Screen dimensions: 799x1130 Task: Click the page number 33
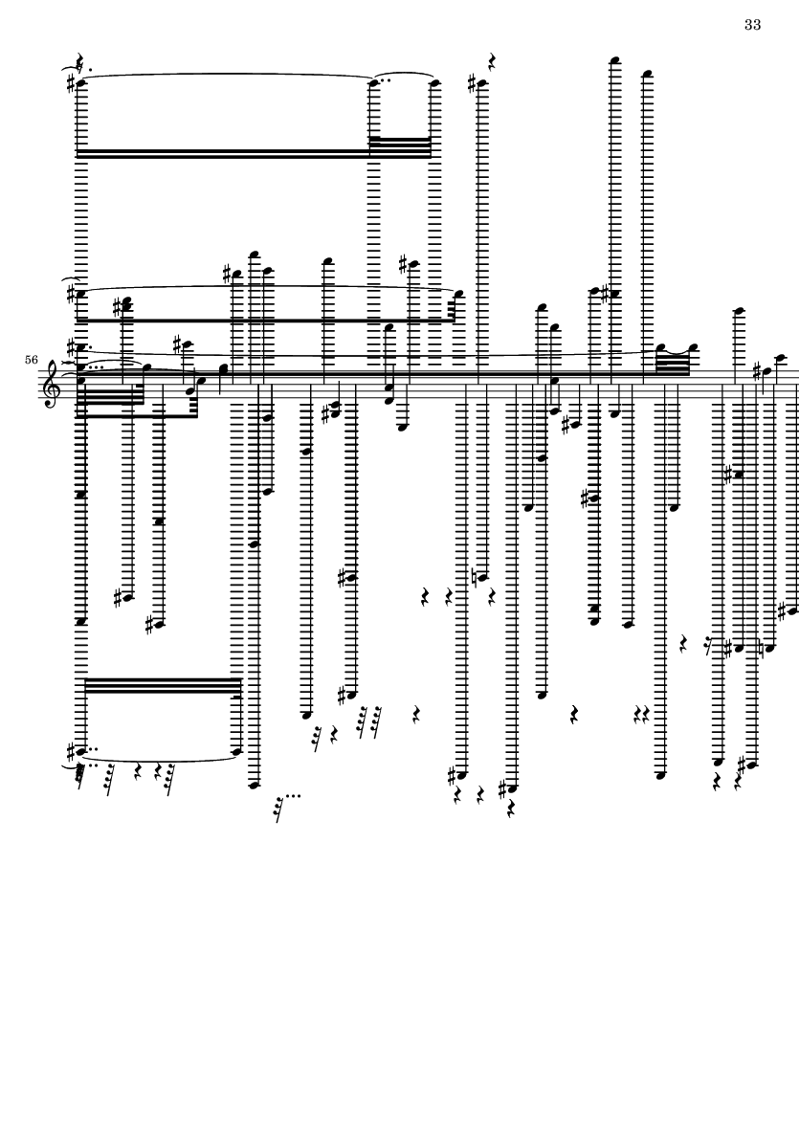[752, 25]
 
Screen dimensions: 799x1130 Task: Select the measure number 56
[31, 359]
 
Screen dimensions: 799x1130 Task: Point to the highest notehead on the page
[614, 60]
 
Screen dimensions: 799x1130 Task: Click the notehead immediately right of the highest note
[647, 74]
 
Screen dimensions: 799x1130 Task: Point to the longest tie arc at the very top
[227, 75]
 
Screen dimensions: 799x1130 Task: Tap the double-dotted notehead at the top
[374, 83]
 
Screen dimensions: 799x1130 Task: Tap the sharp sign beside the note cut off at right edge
[783, 611]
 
